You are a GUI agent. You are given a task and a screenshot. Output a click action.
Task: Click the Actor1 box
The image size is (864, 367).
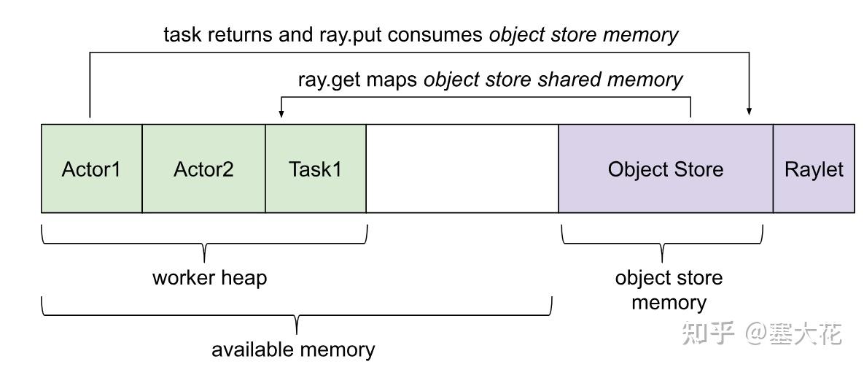[91, 169]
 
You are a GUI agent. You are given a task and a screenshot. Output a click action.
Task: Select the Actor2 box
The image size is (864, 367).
[203, 169]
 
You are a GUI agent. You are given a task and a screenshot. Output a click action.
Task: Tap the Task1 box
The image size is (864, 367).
[315, 169]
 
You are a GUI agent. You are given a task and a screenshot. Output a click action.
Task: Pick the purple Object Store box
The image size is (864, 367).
[665, 169]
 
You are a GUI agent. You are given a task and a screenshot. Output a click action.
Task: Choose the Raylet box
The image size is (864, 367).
[814, 169]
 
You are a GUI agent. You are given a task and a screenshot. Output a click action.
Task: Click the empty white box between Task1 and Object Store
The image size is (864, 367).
[462, 169]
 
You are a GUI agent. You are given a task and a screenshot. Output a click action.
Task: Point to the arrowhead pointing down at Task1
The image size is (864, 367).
[281, 114]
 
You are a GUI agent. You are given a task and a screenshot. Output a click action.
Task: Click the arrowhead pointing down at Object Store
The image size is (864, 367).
[749, 111]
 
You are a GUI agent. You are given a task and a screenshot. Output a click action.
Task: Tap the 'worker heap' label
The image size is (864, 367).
[209, 277]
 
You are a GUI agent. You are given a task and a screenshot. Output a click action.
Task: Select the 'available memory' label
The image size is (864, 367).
[293, 349]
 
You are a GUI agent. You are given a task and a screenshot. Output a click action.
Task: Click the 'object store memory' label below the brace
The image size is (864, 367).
[669, 290]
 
